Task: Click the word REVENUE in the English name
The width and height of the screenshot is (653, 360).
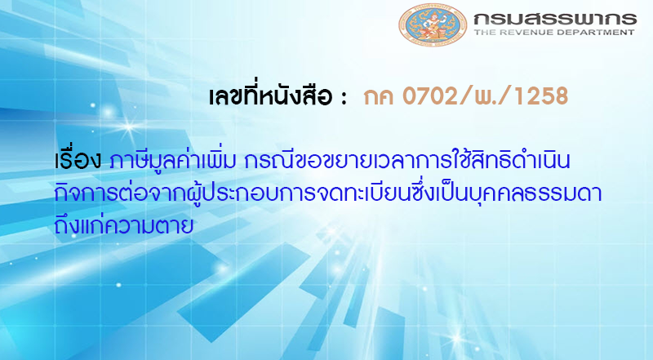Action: tap(541, 33)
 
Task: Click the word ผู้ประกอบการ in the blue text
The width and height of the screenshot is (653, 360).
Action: tap(219, 191)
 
